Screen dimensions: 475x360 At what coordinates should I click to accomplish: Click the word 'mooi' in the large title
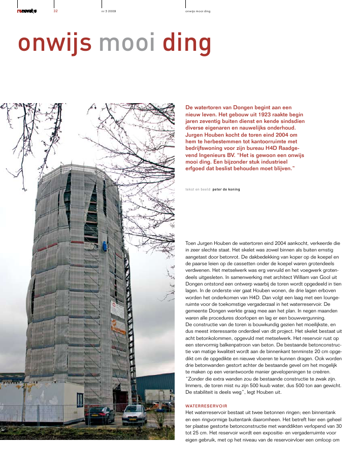tap(127, 44)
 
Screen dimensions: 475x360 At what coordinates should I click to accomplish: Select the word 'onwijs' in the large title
tap(55, 44)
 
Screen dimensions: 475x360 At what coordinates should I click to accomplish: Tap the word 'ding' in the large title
tap(186, 44)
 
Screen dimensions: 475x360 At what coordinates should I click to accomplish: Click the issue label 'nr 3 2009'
tap(109, 11)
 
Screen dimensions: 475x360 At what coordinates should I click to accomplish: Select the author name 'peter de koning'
tap(226, 189)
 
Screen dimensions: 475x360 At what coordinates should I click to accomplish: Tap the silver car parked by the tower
tap(135, 415)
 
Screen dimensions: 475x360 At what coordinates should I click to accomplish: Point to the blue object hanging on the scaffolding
tap(105, 246)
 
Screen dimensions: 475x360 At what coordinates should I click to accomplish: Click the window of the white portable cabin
tap(80, 399)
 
